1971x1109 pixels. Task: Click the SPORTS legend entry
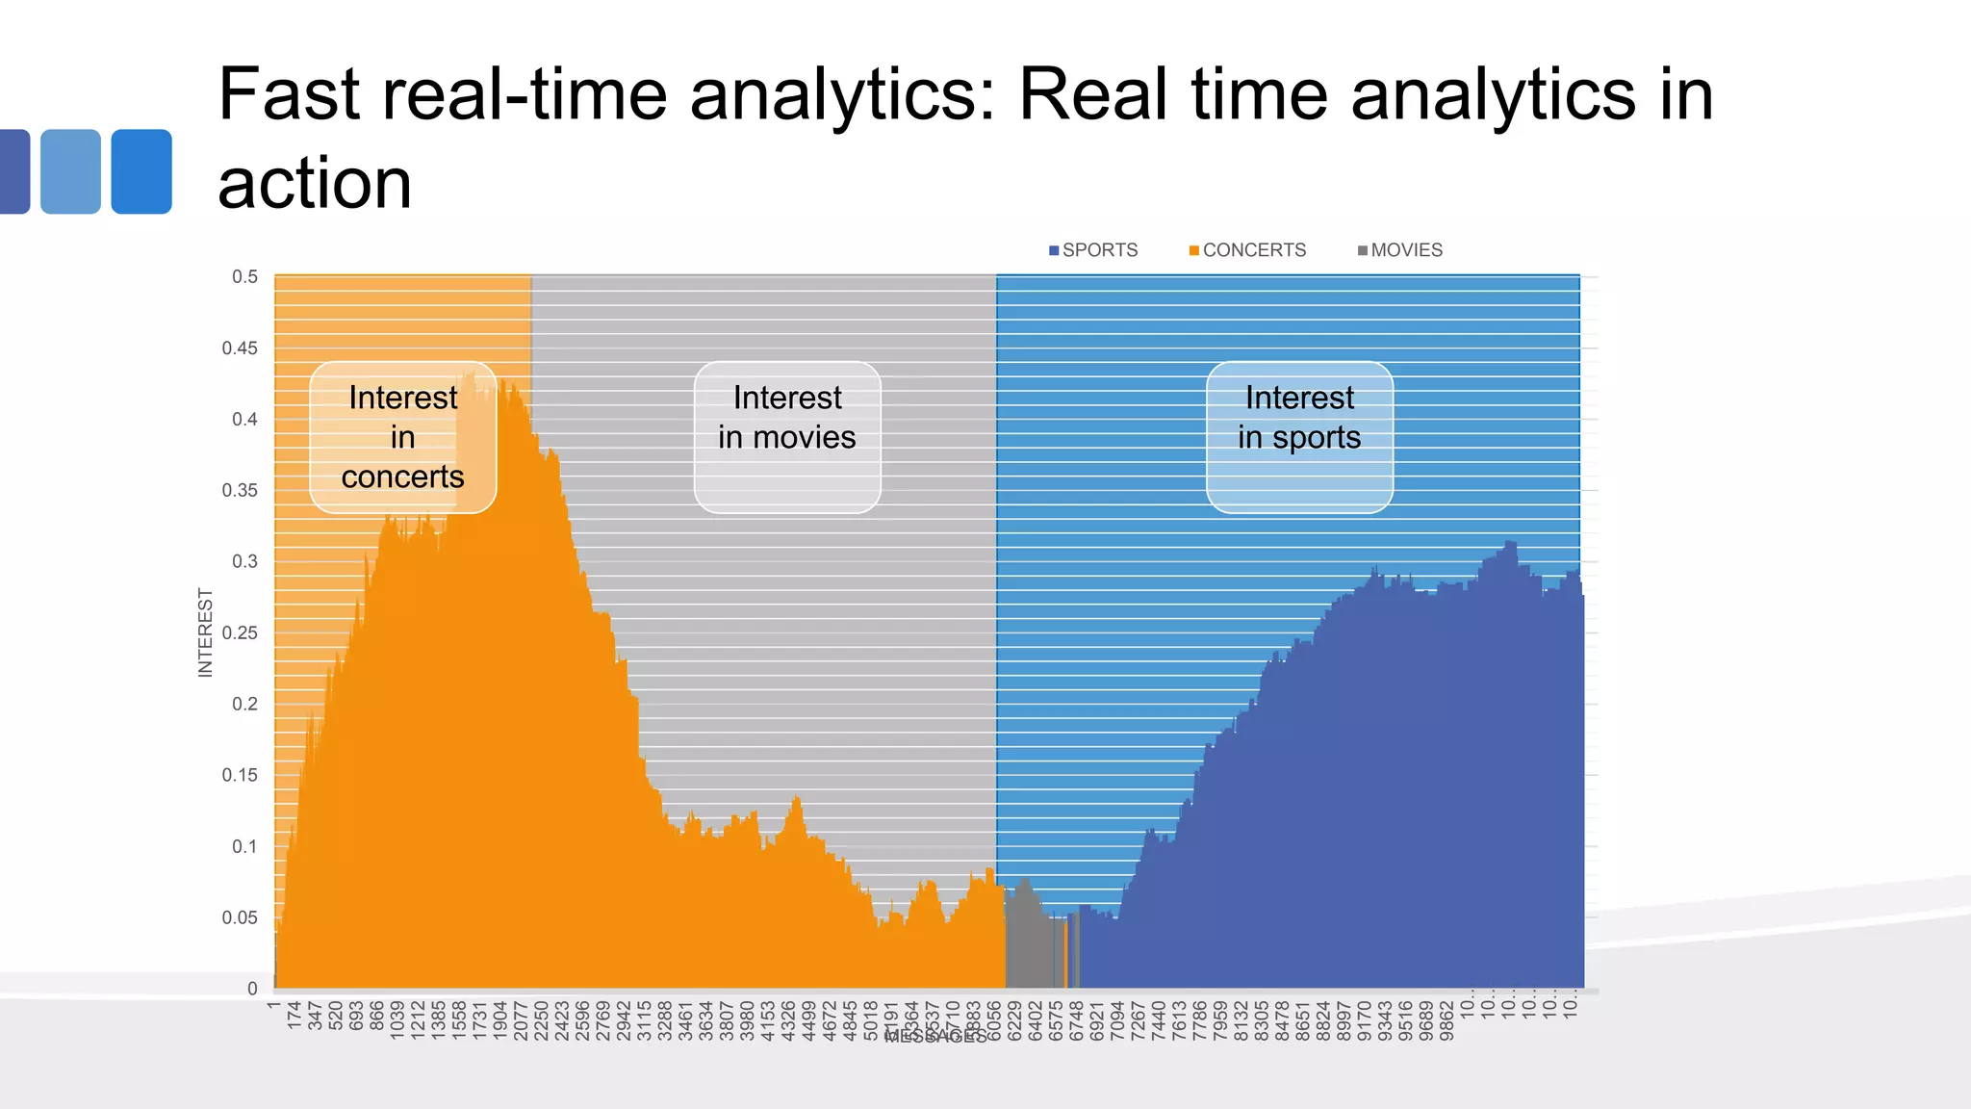pyautogui.click(x=1093, y=250)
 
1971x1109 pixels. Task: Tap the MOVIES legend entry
pyautogui.click(x=1400, y=250)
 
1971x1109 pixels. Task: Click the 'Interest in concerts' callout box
pyautogui.click(x=402, y=437)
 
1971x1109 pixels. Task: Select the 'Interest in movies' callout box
pyautogui.click(x=787, y=437)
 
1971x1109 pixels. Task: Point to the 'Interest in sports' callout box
pyautogui.click(x=1299, y=437)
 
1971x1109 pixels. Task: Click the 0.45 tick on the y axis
pyautogui.click(x=240, y=348)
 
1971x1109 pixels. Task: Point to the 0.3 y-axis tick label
pyautogui.click(x=244, y=561)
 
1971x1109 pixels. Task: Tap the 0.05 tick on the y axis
pyautogui.click(x=240, y=917)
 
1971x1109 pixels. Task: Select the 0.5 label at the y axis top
pyautogui.click(x=244, y=277)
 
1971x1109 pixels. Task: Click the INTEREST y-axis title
pyautogui.click(x=205, y=632)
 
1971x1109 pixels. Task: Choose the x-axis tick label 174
pyautogui.click(x=294, y=1016)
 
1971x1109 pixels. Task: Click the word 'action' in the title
pyautogui.click(x=315, y=183)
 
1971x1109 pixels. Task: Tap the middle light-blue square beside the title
pyautogui.click(x=70, y=171)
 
